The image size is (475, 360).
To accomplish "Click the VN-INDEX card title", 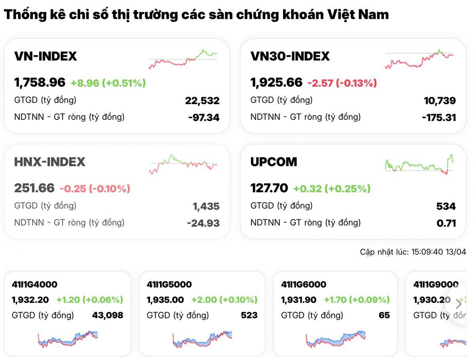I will (46, 56).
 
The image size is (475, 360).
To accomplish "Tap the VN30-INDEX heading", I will (290, 56).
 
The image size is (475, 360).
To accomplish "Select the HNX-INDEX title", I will (49, 162).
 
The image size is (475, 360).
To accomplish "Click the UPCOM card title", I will (274, 162).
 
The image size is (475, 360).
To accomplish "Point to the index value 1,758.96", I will (40, 83).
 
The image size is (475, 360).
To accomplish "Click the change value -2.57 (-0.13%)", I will (342, 83).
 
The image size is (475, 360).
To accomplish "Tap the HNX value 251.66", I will (34, 188).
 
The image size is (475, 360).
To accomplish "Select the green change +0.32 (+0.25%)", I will (332, 189).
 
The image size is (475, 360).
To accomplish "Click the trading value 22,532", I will (202, 101).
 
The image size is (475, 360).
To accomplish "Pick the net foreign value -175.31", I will (439, 117).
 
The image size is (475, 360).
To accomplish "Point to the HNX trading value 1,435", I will (206, 206).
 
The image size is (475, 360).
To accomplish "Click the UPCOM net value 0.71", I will (446, 223).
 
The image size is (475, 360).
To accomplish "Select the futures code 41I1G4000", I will (34, 284).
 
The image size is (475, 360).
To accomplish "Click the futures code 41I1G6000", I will (304, 284).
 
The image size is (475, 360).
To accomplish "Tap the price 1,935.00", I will (165, 300).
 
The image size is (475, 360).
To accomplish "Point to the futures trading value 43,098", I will (107, 315).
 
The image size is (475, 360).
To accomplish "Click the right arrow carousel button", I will (459, 304).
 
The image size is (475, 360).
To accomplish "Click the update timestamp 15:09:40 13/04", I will (439, 252).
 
